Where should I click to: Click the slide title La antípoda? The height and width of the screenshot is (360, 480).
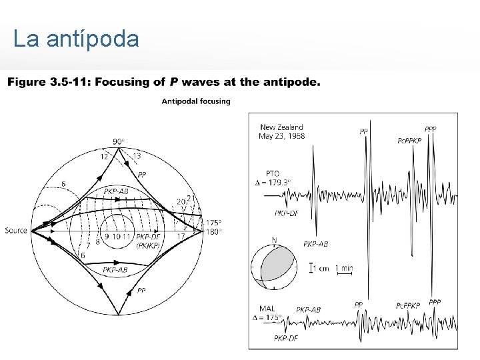point(76,39)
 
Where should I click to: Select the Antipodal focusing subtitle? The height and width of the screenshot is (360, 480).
point(196,101)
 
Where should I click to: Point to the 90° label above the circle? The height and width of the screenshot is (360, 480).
point(118,141)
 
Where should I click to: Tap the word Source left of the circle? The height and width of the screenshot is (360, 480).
point(16,231)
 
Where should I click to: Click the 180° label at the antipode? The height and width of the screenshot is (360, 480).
point(213,232)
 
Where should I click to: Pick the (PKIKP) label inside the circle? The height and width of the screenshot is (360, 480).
point(147,245)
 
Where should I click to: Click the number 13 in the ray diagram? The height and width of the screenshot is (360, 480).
point(137,155)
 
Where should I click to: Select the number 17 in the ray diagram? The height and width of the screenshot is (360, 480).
point(181,236)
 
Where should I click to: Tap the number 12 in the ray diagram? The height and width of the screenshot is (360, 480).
point(104,155)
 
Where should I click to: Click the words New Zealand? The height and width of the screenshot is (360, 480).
point(281,127)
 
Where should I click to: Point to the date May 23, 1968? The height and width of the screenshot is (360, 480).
point(281,136)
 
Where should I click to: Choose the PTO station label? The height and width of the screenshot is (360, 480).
point(272,173)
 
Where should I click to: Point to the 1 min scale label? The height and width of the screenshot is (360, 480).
point(344,268)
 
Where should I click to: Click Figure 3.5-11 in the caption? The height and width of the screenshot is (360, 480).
point(47,83)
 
